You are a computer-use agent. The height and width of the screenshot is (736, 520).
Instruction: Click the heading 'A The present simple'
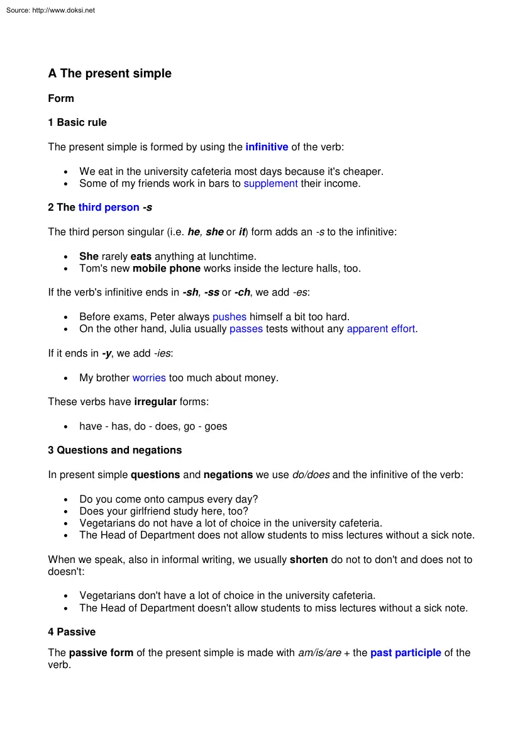109,74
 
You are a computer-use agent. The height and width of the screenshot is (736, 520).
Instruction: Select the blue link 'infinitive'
267,147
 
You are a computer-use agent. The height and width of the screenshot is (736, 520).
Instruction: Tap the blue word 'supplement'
270,184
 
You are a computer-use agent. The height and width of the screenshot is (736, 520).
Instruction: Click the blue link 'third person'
109,208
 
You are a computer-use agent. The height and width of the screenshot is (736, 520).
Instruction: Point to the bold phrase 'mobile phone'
167,269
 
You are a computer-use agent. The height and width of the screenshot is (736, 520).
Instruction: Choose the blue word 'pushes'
230,317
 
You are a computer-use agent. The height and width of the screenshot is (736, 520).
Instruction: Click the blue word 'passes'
246,329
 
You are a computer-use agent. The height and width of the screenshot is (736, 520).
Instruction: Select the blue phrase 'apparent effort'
381,329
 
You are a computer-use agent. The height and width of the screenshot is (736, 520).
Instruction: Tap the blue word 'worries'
149,378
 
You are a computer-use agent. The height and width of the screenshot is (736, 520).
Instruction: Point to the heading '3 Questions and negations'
115,450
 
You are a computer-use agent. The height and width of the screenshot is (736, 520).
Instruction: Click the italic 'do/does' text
311,475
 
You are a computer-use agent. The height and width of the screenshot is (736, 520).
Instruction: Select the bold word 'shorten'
309,559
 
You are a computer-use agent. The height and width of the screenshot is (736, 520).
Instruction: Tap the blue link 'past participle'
406,653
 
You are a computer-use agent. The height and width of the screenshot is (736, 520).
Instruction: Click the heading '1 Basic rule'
77,123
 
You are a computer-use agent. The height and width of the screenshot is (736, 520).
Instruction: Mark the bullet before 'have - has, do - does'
66,427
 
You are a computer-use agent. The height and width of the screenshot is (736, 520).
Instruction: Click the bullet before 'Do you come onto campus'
66,499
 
